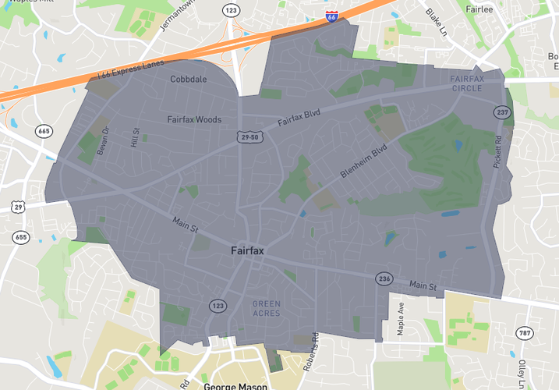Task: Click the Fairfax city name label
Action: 247,252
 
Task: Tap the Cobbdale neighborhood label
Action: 189,79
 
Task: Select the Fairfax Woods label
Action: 194,120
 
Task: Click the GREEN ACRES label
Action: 267,308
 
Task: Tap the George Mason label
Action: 235,385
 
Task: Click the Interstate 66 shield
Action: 332,16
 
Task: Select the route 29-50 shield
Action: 247,137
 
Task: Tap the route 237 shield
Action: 501,113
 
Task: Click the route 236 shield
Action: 384,278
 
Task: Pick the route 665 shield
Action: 44,131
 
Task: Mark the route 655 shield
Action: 20,236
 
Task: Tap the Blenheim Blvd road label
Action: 363,161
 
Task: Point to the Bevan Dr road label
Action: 107,140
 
